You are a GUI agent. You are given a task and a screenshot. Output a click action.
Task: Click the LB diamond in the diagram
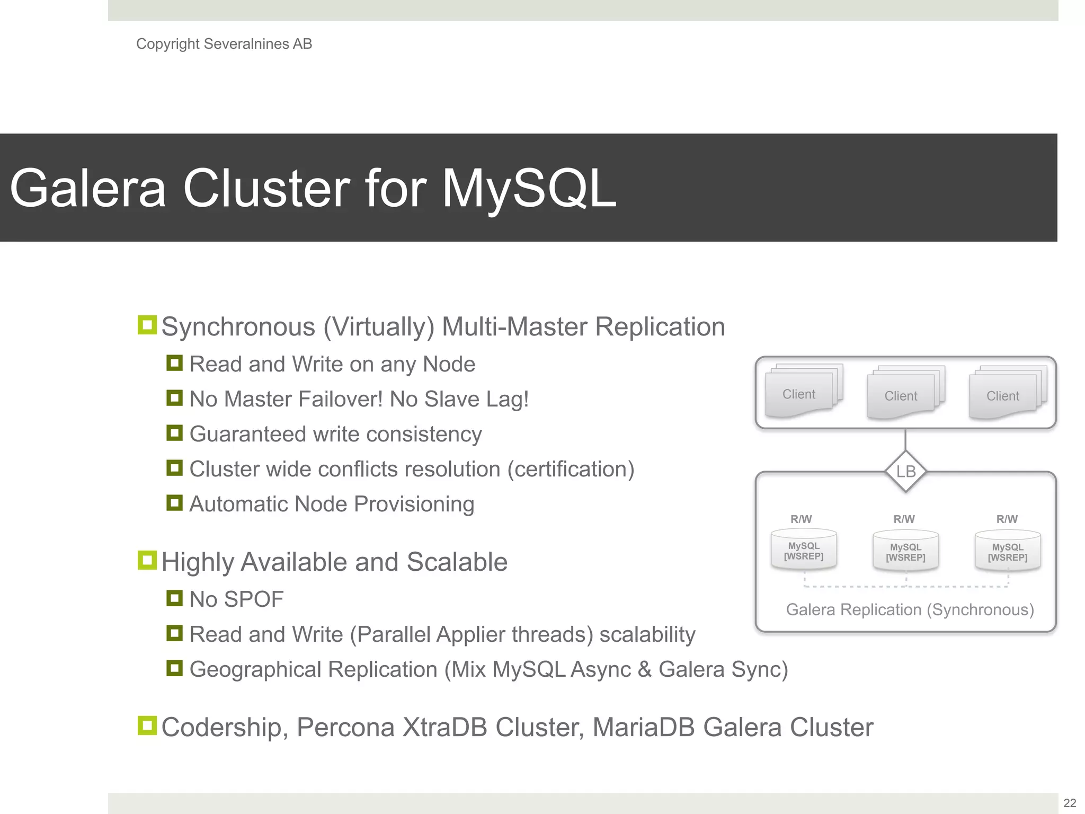906,471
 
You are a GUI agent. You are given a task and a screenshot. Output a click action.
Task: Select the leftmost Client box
800,394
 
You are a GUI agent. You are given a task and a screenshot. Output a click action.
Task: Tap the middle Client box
902,396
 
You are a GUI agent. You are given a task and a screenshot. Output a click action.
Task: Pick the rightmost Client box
1003,396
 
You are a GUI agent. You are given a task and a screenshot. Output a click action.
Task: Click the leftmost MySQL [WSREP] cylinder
804,551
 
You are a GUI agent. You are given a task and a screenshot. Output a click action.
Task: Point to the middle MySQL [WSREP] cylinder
906,552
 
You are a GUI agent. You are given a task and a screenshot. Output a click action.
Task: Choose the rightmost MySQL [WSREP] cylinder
1008,552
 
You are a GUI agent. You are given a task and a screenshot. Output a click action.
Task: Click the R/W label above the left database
801,519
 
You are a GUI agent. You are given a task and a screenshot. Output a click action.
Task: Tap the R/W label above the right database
1007,519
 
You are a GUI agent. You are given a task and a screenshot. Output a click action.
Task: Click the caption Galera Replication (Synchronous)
910,610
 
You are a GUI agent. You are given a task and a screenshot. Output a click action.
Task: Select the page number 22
1070,803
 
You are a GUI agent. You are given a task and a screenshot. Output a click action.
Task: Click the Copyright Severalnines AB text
224,44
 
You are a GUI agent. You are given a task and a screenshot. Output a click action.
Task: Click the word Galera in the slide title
88,189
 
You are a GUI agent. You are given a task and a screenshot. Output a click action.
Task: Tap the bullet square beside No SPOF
174,598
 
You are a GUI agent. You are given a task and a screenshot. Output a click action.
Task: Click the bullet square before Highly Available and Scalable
147,560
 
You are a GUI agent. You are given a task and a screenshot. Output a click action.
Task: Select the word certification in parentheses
571,470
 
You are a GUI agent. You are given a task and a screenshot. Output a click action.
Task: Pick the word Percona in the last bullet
345,727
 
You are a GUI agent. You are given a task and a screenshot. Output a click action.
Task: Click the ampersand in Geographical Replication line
644,669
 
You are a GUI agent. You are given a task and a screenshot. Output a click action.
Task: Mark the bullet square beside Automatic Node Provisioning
174,502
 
